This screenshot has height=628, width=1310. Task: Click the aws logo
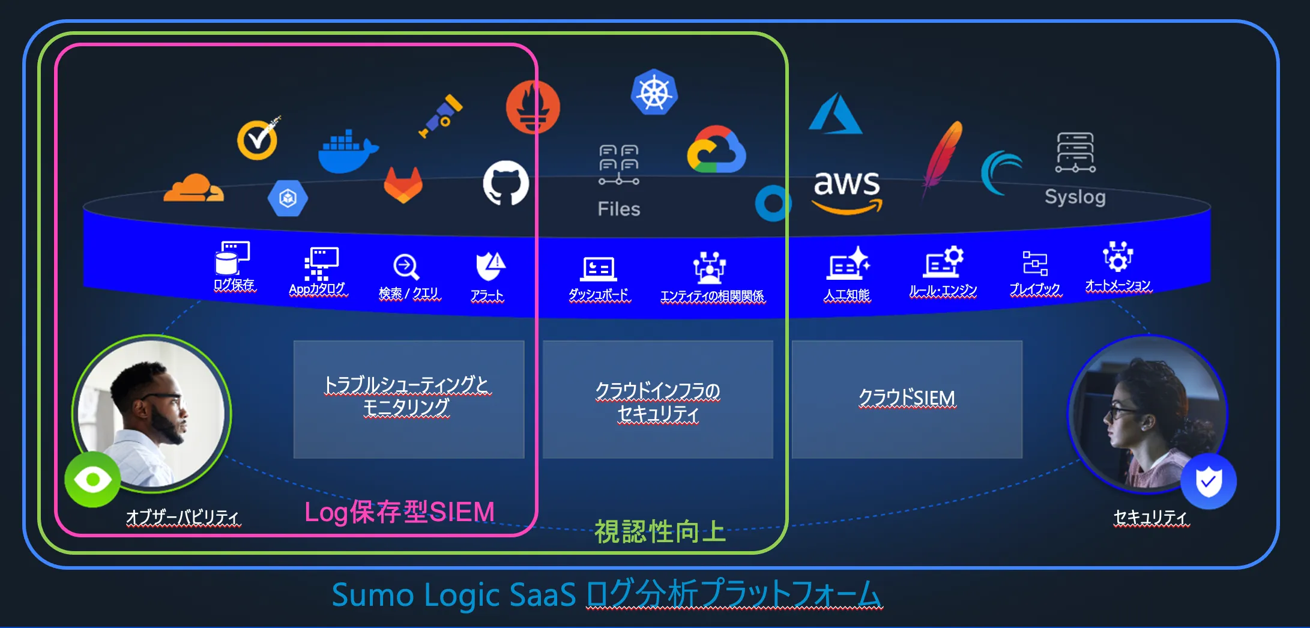point(847,189)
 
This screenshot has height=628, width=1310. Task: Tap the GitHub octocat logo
point(506,183)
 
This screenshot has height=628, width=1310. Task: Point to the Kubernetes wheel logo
point(654,93)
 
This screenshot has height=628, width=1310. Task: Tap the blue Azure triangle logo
point(835,114)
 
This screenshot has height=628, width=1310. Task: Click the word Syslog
point(1075,197)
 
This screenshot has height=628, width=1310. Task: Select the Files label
point(619,209)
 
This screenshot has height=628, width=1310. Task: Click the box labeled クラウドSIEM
point(907,399)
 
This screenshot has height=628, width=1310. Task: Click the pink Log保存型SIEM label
point(399,512)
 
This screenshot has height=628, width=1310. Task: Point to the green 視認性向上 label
point(660,531)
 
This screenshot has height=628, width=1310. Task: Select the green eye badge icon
point(92,480)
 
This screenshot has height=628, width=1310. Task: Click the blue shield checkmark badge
point(1208,482)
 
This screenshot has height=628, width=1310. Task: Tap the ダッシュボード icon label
point(599,294)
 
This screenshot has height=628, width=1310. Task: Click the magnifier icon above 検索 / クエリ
point(406,267)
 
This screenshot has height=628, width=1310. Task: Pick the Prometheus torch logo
point(533,107)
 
